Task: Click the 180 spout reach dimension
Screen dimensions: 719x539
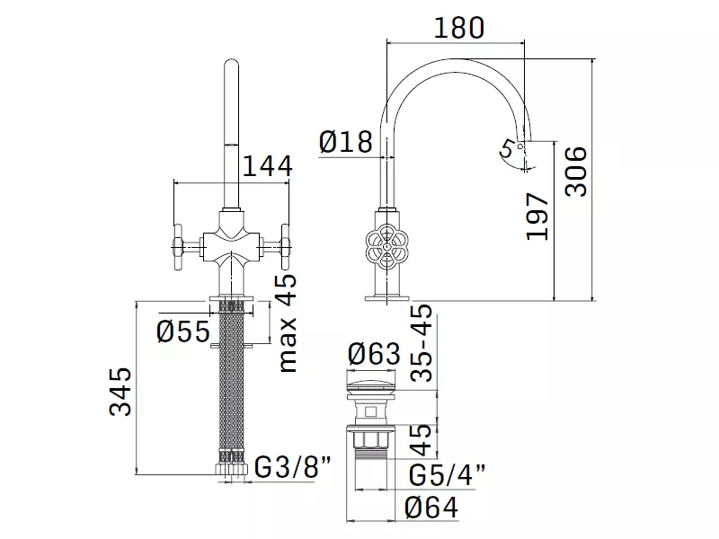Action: (x=458, y=28)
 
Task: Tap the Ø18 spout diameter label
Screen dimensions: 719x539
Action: (x=346, y=142)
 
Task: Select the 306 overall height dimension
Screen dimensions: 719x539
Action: (x=576, y=172)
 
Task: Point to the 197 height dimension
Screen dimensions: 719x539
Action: (x=537, y=216)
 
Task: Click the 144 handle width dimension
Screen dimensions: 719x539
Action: (x=267, y=166)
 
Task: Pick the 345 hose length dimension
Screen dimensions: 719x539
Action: (x=120, y=391)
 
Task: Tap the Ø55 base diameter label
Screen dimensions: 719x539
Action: (x=183, y=331)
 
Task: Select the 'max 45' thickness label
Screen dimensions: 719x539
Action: (x=288, y=323)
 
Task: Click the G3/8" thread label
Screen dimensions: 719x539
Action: (x=293, y=467)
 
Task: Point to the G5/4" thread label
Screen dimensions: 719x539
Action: (x=447, y=475)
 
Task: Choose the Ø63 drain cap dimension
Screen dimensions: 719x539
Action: (x=374, y=354)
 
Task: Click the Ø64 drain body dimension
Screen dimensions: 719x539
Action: (x=431, y=508)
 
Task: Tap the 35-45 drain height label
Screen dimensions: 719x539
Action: (x=422, y=342)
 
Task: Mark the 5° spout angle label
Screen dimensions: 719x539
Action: (x=508, y=149)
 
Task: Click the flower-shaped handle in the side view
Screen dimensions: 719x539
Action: (x=386, y=247)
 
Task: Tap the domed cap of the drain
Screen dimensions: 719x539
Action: (x=372, y=380)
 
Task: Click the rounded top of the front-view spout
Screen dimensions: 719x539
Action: (x=232, y=65)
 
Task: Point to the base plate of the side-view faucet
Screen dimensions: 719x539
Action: (x=386, y=298)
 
